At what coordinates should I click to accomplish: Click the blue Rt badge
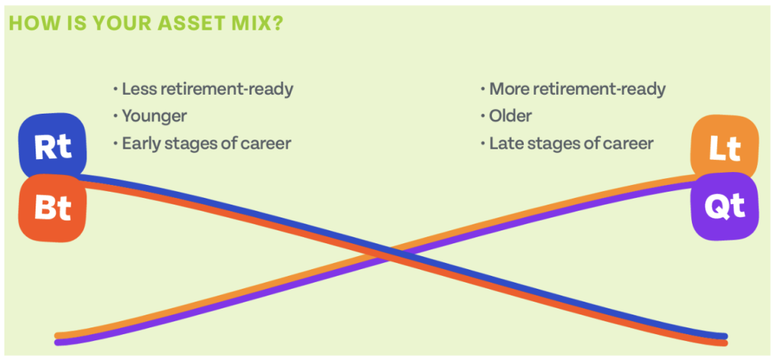52,147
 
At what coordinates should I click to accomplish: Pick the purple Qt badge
724,206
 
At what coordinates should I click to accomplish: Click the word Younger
155,117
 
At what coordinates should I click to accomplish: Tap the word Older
510,117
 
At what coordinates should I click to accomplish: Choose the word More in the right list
508,89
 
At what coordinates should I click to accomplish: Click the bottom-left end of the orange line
57,335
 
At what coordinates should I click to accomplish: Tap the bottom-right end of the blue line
724,337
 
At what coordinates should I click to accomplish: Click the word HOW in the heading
30,23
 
